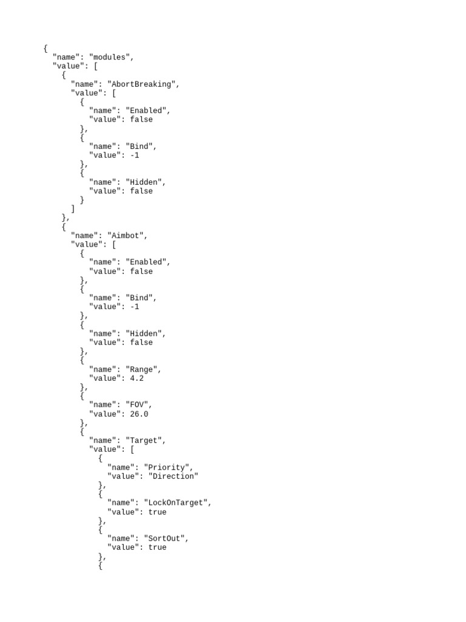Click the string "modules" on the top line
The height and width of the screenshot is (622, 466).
(110, 57)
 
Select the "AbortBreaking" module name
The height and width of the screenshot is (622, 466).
(143, 84)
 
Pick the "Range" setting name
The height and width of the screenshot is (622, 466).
(143, 369)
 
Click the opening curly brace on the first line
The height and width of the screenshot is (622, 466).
(46, 49)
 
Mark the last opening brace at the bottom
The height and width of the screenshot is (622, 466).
(100, 566)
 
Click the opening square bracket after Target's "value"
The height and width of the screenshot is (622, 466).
(132, 449)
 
